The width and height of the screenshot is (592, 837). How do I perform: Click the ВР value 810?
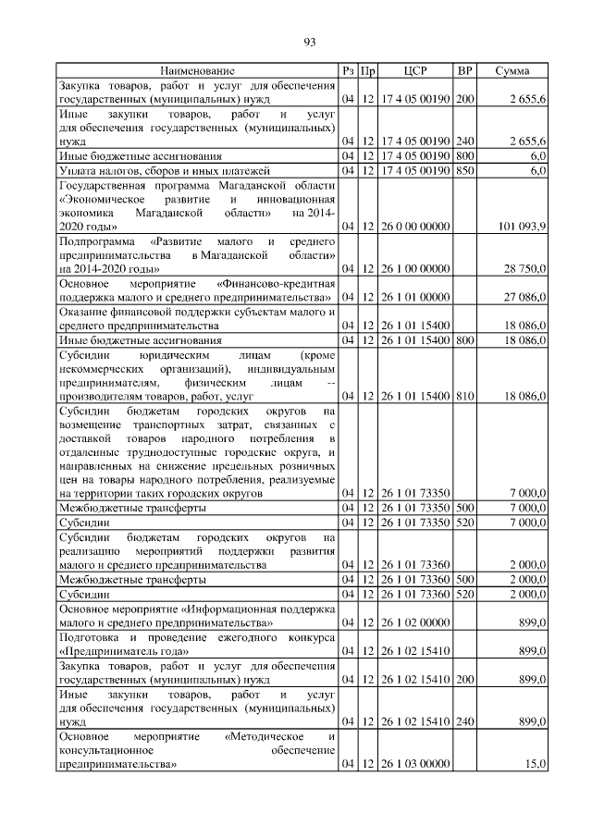(465, 395)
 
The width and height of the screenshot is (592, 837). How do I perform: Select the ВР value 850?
(465, 171)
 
